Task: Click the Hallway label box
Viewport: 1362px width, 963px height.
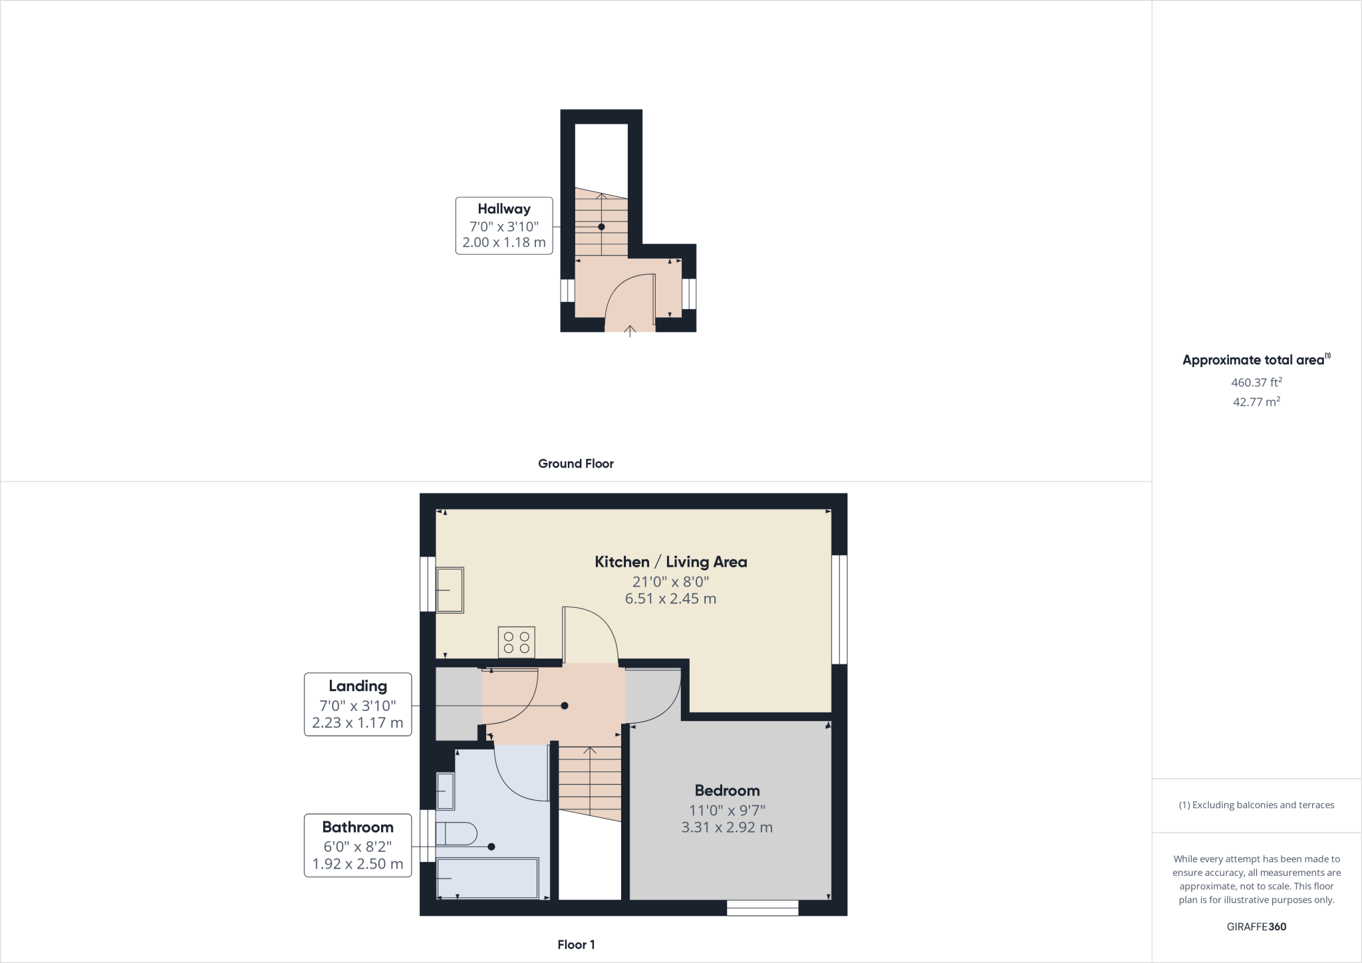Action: (503, 225)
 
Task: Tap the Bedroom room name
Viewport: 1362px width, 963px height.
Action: (727, 791)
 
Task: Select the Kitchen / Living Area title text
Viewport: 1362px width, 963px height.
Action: (670, 562)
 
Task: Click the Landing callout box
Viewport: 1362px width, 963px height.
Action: (358, 704)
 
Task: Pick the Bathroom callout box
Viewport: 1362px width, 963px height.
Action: (358, 845)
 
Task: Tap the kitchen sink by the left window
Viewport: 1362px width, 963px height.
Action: (450, 590)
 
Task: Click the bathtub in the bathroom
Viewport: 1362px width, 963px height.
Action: (487, 878)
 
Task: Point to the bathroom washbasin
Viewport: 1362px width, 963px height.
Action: (446, 791)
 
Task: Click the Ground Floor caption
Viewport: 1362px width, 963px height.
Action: (575, 464)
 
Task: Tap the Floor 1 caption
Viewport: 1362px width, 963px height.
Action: (576, 944)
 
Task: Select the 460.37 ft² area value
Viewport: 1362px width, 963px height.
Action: (1256, 382)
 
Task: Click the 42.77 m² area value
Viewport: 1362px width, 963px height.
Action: (1256, 402)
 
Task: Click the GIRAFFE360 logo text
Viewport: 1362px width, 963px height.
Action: (1256, 926)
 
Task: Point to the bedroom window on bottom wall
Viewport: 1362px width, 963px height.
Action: (762, 908)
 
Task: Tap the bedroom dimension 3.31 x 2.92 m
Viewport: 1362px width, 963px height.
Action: (727, 828)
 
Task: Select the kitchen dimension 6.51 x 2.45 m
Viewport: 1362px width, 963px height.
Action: (670, 599)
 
